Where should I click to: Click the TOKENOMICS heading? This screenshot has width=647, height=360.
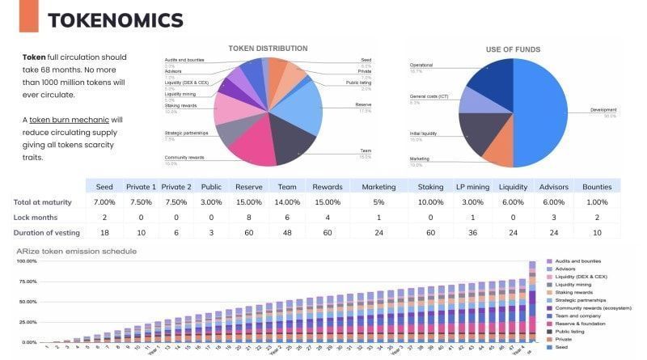click(x=115, y=20)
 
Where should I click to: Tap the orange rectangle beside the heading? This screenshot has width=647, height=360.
click(x=28, y=16)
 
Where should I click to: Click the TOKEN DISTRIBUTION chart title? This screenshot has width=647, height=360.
click(x=268, y=49)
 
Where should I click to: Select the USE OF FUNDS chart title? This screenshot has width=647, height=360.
click(x=513, y=49)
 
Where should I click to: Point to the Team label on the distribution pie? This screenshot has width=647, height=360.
click(x=366, y=151)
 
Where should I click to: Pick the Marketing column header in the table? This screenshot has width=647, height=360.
click(x=373, y=186)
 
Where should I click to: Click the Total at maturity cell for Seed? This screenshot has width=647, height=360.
click(x=105, y=201)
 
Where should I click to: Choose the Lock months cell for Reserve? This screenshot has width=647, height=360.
click(x=248, y=217)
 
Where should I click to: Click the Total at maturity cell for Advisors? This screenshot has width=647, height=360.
click(x=554, y=201)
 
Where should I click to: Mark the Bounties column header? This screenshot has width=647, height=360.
click(x=597, y=186)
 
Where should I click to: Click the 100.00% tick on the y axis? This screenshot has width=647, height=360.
click(x=26, y=261)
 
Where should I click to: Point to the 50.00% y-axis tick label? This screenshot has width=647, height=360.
click(x=26, y=302)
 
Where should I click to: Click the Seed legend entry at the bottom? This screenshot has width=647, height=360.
click(x=561, y=347)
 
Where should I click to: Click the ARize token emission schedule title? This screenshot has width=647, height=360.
click(x=76, y=251)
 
